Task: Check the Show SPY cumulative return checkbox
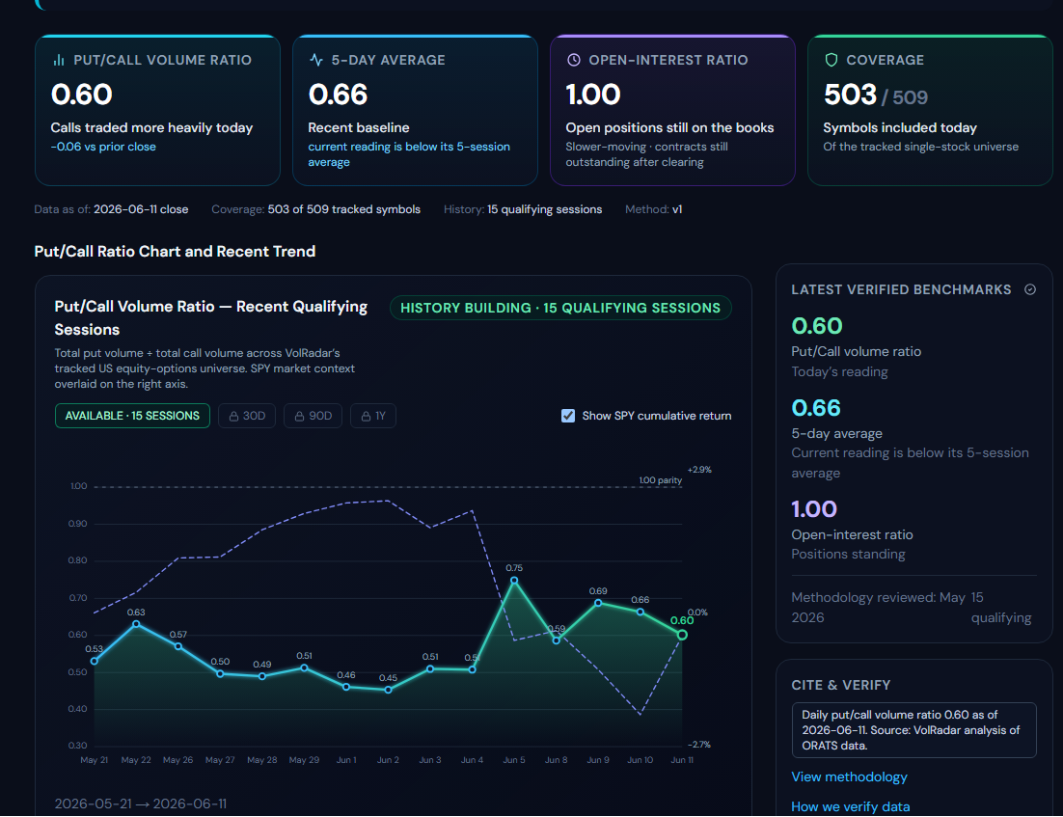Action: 568,416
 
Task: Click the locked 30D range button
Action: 247,416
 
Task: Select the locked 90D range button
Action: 313,416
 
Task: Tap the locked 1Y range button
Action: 373,416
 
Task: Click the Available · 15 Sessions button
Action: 132,416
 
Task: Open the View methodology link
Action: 849,777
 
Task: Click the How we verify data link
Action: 850,806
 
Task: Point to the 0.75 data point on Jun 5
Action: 514,581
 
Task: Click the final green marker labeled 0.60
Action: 682,635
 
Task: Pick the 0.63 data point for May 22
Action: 136,624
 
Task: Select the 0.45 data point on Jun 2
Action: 388,690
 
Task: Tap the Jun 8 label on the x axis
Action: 556,760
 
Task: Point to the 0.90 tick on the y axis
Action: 77,524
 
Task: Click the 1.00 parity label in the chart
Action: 661,480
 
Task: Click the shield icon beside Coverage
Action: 831,60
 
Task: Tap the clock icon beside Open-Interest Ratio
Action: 574,60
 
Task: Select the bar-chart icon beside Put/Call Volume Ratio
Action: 58,60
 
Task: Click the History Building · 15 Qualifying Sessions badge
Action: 560,308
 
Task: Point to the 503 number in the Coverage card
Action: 850,95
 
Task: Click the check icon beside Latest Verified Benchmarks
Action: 1030,289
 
